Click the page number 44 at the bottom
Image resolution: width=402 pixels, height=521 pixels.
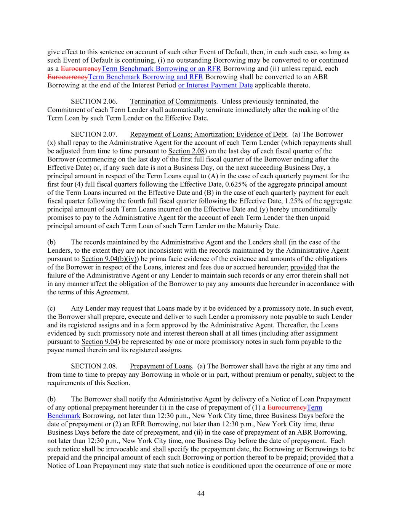[201, 494]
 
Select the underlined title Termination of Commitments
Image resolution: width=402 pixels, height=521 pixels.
[173, 102]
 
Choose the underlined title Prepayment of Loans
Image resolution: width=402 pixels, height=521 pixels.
[160, 366]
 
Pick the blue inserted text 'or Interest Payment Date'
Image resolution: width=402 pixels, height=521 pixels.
[215, 85]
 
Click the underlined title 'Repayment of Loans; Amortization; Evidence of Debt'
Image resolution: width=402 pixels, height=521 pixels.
[208, 134]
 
